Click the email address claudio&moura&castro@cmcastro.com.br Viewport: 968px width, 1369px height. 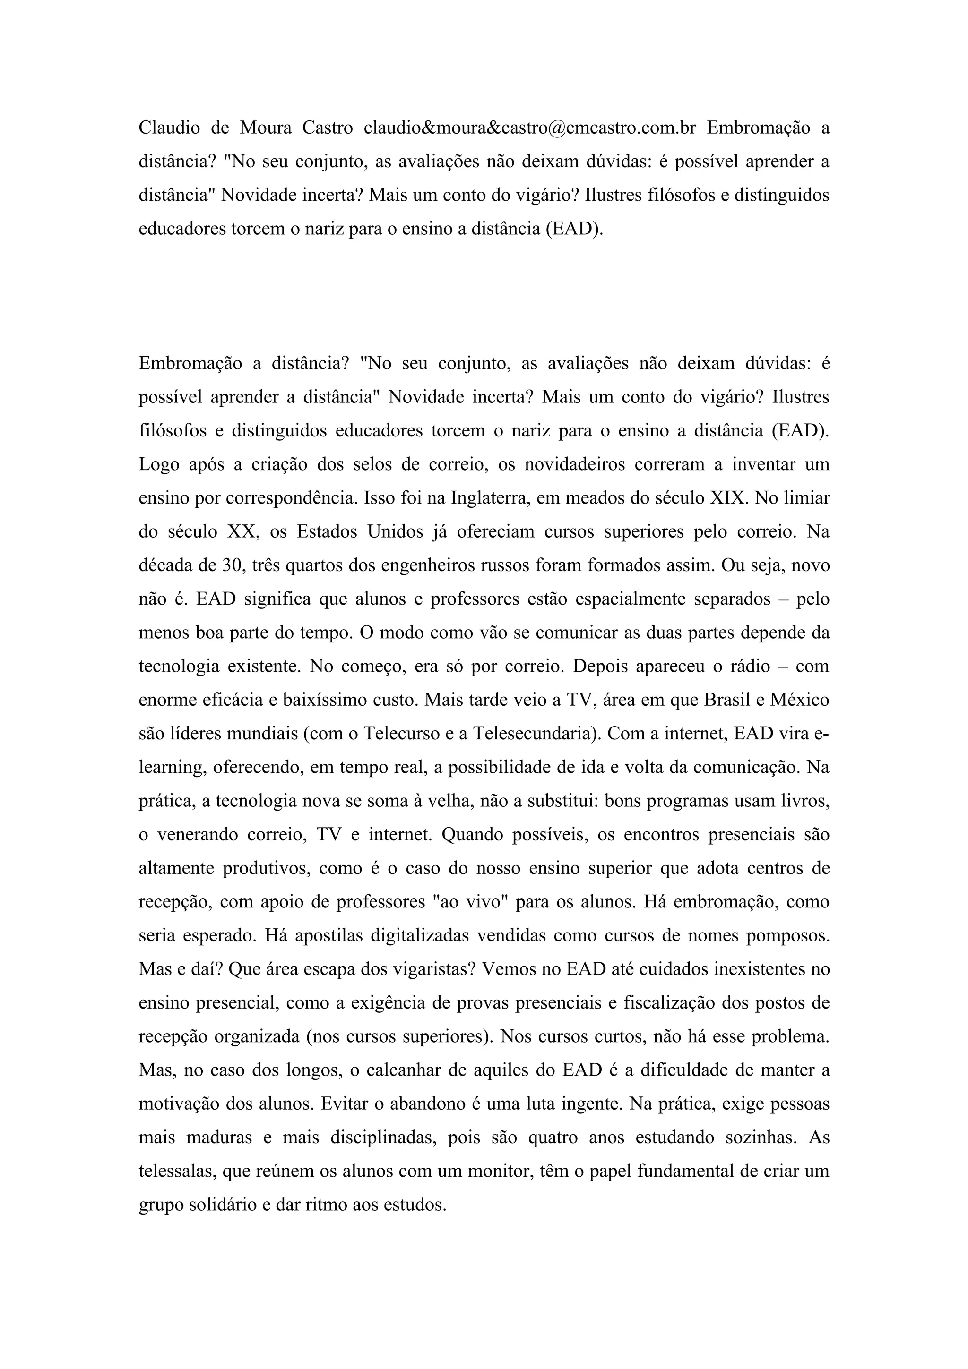[x=530, y=128]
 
